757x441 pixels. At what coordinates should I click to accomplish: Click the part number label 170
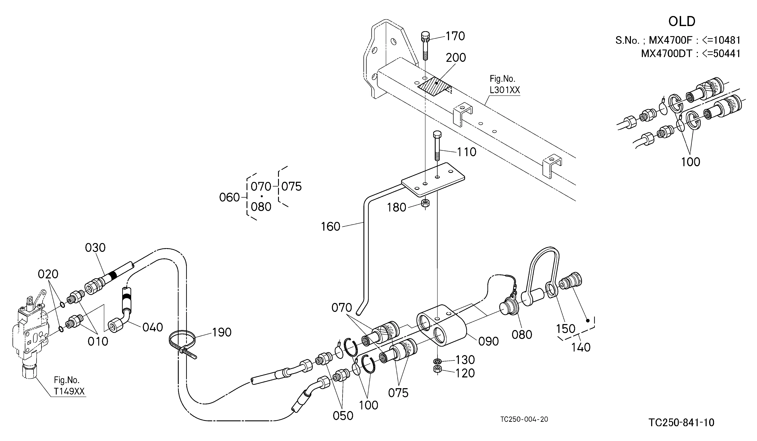455,36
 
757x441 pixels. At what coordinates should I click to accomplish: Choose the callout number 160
331,226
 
